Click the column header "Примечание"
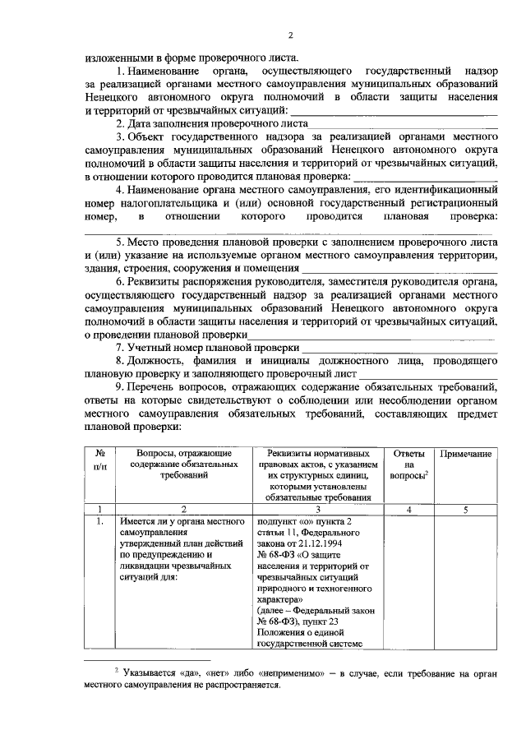(466, 454)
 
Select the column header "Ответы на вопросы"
(408, 465)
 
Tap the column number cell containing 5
(466, 510)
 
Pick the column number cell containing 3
(316, 510)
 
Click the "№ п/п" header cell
(99, 460)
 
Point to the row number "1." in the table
(99, 521)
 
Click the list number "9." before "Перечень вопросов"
(120, 387)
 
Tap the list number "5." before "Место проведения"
(120, 243)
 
